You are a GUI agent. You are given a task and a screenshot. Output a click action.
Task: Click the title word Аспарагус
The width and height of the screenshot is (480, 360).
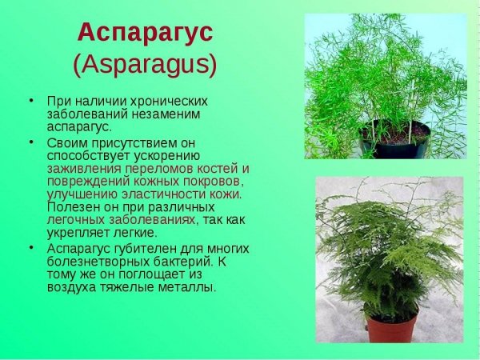[x=145, y=33]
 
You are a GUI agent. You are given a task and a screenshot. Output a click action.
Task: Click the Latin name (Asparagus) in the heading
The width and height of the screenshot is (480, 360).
[x=145, y=64]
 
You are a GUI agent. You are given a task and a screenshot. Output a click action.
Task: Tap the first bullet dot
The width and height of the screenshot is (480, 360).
[x=31, y=102]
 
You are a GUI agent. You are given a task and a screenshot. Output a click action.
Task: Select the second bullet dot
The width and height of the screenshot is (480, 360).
[x=31, y=142]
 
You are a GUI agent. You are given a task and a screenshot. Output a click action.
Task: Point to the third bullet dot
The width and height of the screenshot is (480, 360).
[x=31, y=248]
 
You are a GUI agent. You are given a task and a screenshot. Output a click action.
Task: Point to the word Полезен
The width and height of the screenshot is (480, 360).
[x=69, y=206]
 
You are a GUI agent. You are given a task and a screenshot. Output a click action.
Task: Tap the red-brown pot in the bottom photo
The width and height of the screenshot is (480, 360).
[x=392, y=328]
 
